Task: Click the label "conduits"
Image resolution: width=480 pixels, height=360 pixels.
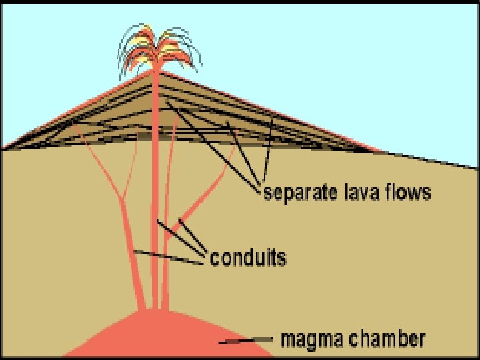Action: pos(248,257)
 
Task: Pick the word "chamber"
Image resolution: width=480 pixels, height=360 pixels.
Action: pos(389,339)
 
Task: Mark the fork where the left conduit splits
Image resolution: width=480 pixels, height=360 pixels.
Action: pos(121,199)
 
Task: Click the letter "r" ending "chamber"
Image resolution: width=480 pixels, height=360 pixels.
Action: pos(421,339)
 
